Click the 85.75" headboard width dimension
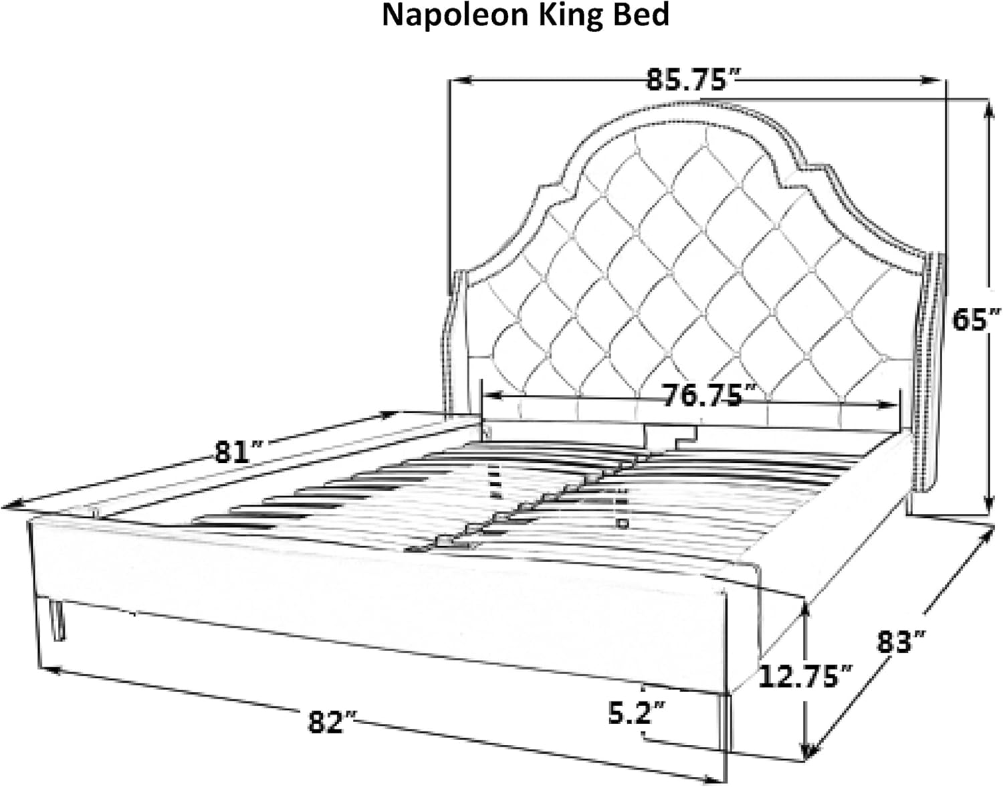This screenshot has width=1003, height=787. point(686,80)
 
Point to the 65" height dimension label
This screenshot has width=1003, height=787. point(976,319)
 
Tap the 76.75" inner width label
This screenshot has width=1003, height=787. point(703,395)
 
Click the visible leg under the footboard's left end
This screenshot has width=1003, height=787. point(57,620)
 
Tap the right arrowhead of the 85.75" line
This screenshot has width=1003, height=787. point(933,80)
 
